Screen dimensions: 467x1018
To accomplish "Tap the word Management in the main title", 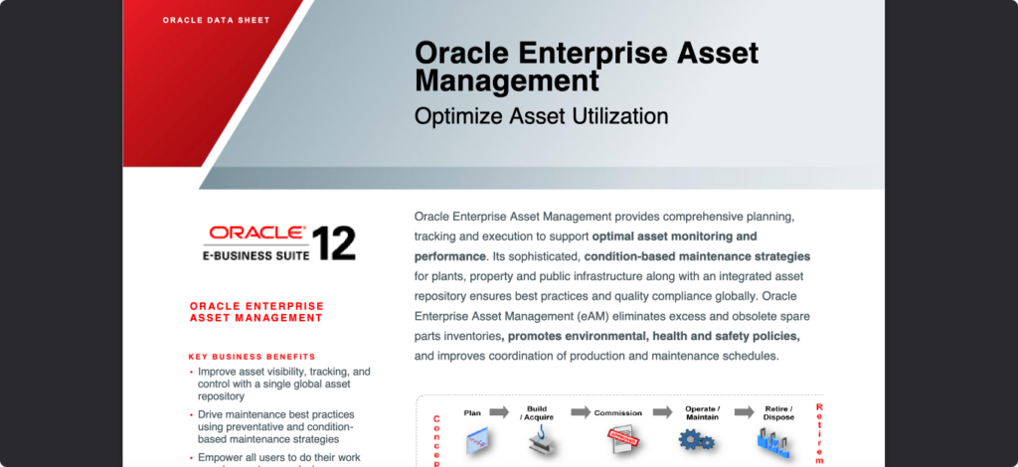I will (507, 79).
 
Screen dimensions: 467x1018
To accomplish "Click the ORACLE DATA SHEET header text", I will (216, 20).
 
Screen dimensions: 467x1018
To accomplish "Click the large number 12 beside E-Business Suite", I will (333, 243).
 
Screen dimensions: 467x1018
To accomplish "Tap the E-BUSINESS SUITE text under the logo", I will (255, 255).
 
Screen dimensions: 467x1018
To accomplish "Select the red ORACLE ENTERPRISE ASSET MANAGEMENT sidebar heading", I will (255, 312).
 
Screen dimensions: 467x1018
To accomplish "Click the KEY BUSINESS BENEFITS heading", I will (252, 356).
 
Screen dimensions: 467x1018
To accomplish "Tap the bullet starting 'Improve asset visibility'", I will (283, 383).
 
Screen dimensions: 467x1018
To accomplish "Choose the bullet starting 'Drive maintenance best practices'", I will (276, 426).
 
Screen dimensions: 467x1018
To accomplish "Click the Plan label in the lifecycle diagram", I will (472, 411).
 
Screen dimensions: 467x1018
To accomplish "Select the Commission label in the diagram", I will (618, 412).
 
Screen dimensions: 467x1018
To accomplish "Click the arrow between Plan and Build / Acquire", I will (499, 411).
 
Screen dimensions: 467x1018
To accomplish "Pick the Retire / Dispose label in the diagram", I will (777, 412).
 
